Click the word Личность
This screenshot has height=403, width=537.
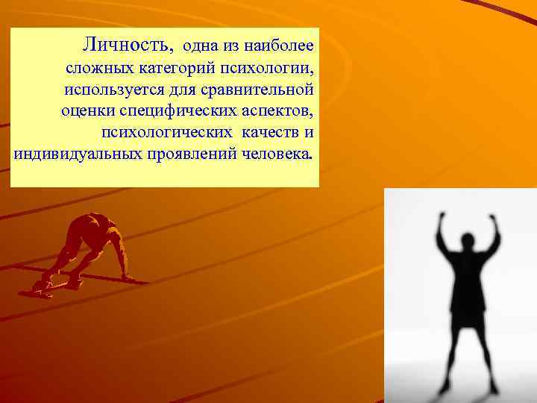(129, 45)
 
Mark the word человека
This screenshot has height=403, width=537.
(278, 154)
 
